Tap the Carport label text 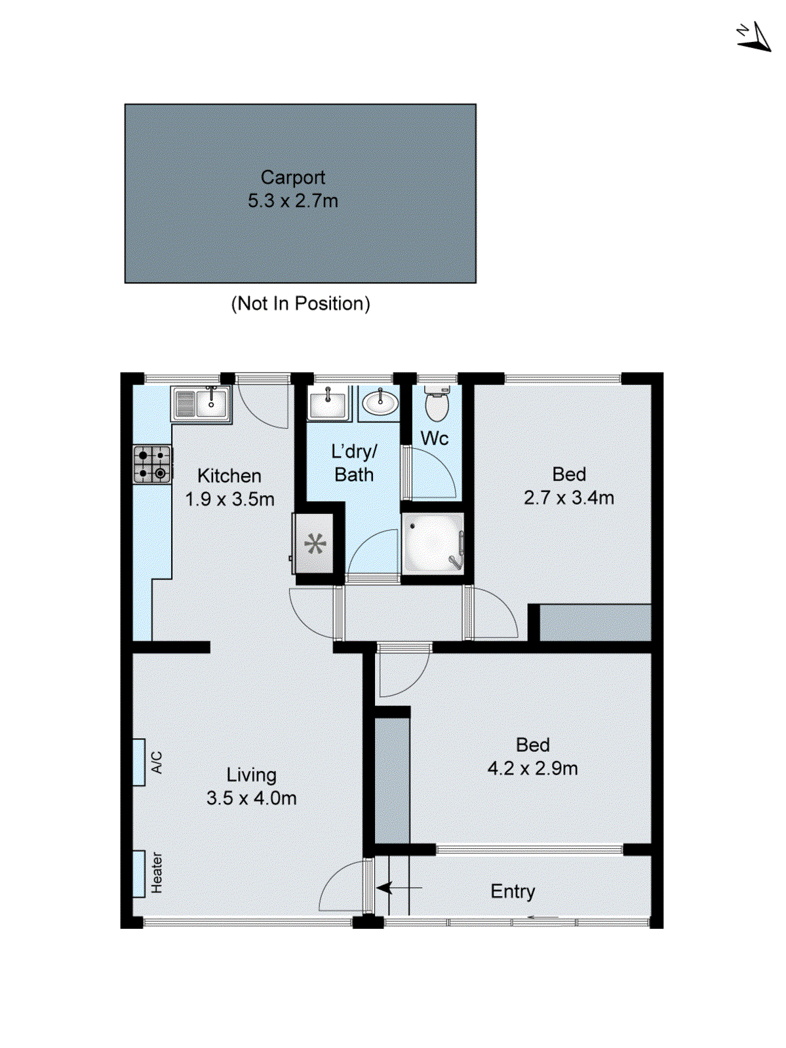(293, 178)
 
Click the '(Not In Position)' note (300, 304)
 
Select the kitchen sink (201, 403)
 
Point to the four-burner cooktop (152, 464)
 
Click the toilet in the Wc (437, 402)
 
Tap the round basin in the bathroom (380, 402)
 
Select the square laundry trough (327, 402)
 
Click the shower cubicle (433, 544)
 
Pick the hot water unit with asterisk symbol (315, 544)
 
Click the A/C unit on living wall (139, 762)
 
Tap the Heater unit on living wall (139, 873)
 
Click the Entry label (513, 891)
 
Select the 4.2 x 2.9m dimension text (532, 768)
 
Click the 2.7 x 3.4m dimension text (568, 498)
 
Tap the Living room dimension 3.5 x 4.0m (251, 798)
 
